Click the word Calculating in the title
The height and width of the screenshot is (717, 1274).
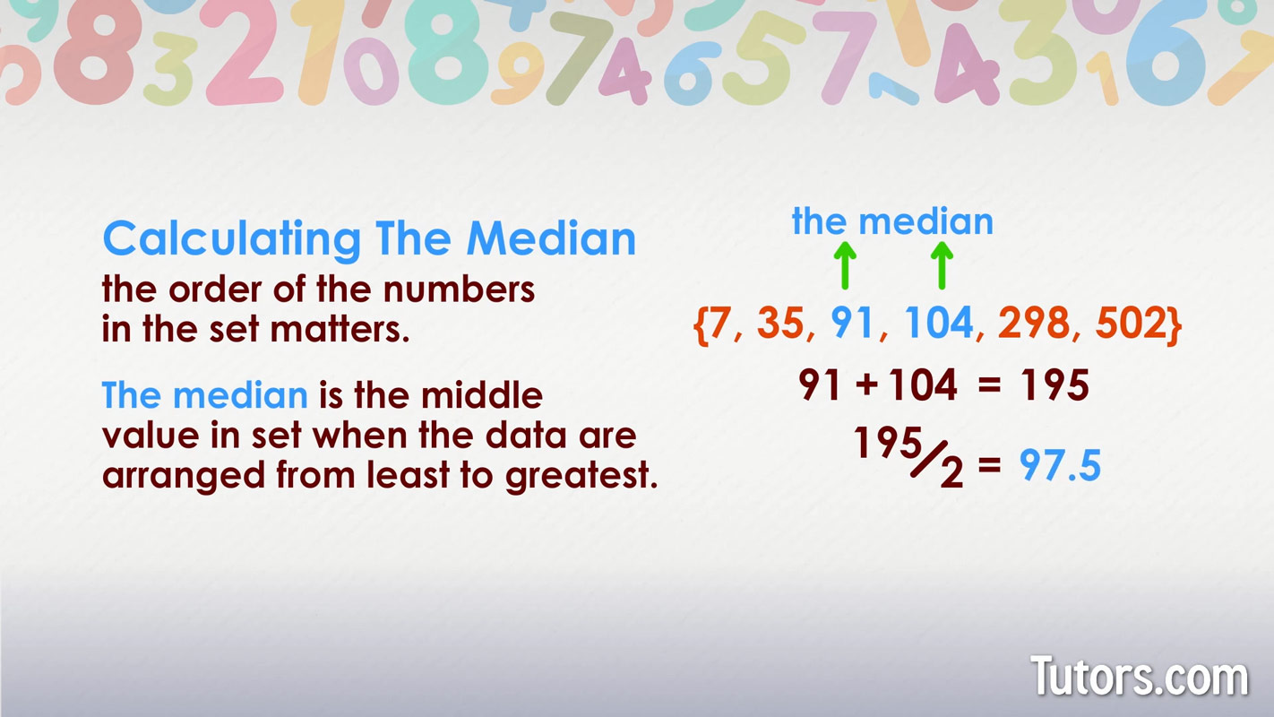[x=232, y=239]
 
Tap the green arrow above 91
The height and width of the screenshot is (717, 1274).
[x=845, y=265]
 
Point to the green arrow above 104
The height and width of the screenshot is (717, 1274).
[x=942, y=265]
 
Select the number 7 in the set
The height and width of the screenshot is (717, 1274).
[x=719, y=323]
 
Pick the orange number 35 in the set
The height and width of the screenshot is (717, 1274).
[x=780, y=323]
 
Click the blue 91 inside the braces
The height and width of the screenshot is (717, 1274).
[x=851, y=323]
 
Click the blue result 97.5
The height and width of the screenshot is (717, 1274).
[x=1060, y=465]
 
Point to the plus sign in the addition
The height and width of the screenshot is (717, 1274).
[x=866, y=384]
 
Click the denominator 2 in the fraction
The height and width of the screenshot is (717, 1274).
[x=951, y=472]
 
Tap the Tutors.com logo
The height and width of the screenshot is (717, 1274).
[x=1140, y=676]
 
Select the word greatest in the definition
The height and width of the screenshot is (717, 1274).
[x=581, y=475]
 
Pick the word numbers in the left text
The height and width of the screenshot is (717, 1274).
[x=459, y=289]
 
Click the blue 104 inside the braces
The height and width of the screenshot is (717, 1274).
[x=939, y=323]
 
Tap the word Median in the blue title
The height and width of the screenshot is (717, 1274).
[x=551, y=238]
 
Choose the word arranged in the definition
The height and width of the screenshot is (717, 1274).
[x=184, y=475]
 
